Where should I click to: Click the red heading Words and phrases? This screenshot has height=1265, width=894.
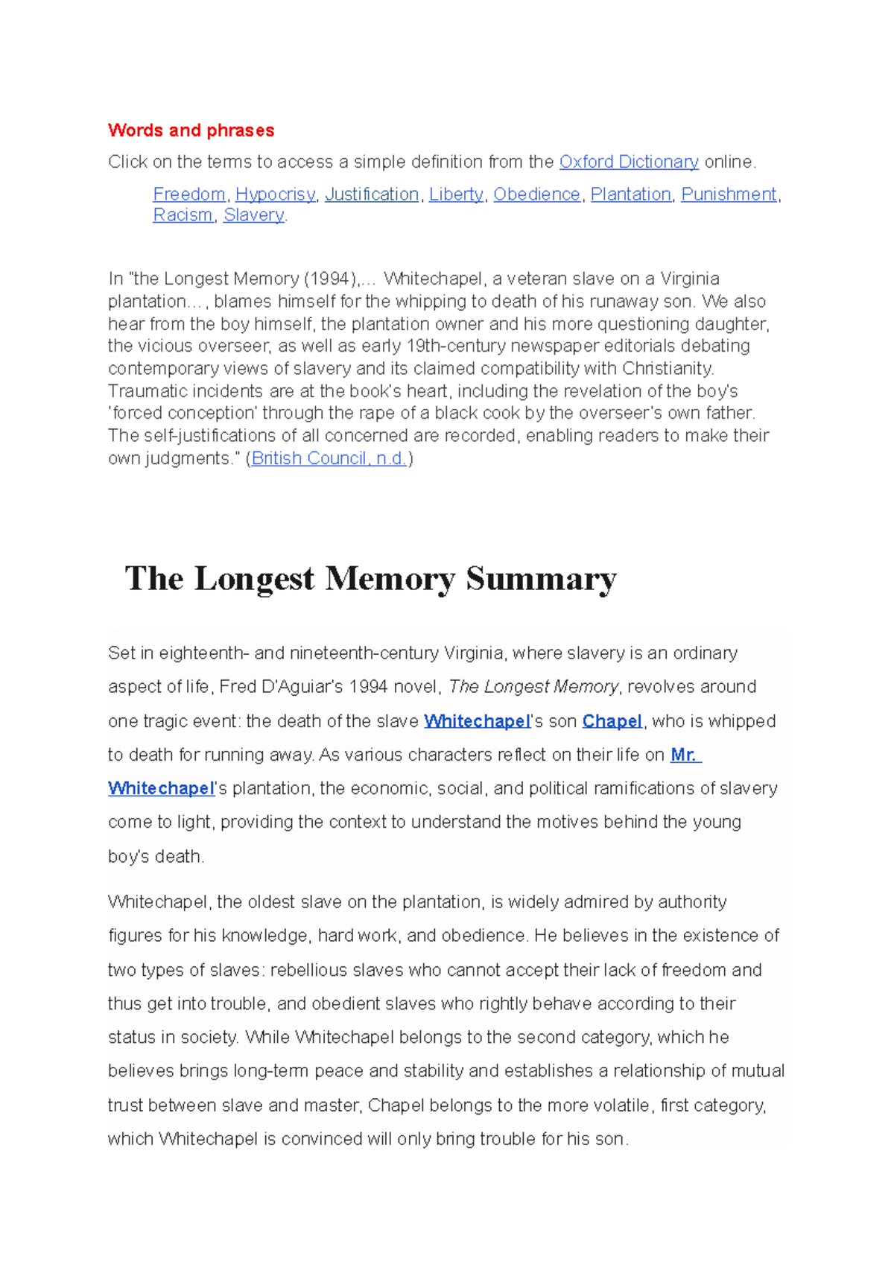click(x=191, y=130)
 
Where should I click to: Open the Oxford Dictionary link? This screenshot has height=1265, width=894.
click(x=628, y=162)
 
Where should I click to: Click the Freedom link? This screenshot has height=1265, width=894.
click(x=189, y=194)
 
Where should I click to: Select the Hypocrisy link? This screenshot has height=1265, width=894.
click(x=275, y=194)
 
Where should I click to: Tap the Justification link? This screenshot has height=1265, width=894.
click(x=371, y=194)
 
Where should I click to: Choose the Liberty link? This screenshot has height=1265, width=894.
click(x=456, y=194)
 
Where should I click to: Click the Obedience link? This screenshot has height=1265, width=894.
click(x=536, y=194)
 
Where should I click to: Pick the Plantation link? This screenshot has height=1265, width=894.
click(x=630, y=194)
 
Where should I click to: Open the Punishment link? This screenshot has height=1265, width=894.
click(x=729, y=194)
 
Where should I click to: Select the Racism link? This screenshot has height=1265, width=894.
click(x=183, y=215)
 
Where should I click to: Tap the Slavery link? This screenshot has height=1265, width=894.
click(x=253, y=215)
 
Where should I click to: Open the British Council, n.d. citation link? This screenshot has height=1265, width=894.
click(x=329, y=458)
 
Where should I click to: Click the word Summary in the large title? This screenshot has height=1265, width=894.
click(x=541, y=579)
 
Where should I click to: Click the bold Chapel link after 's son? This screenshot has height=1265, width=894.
click(x=612, y=721)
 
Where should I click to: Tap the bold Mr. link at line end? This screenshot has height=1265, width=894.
click(x=685, y=755)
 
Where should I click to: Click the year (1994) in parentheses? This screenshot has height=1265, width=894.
click(x=330, y=279)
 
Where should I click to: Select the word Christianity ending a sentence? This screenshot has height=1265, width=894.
click(x=668, y=368)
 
